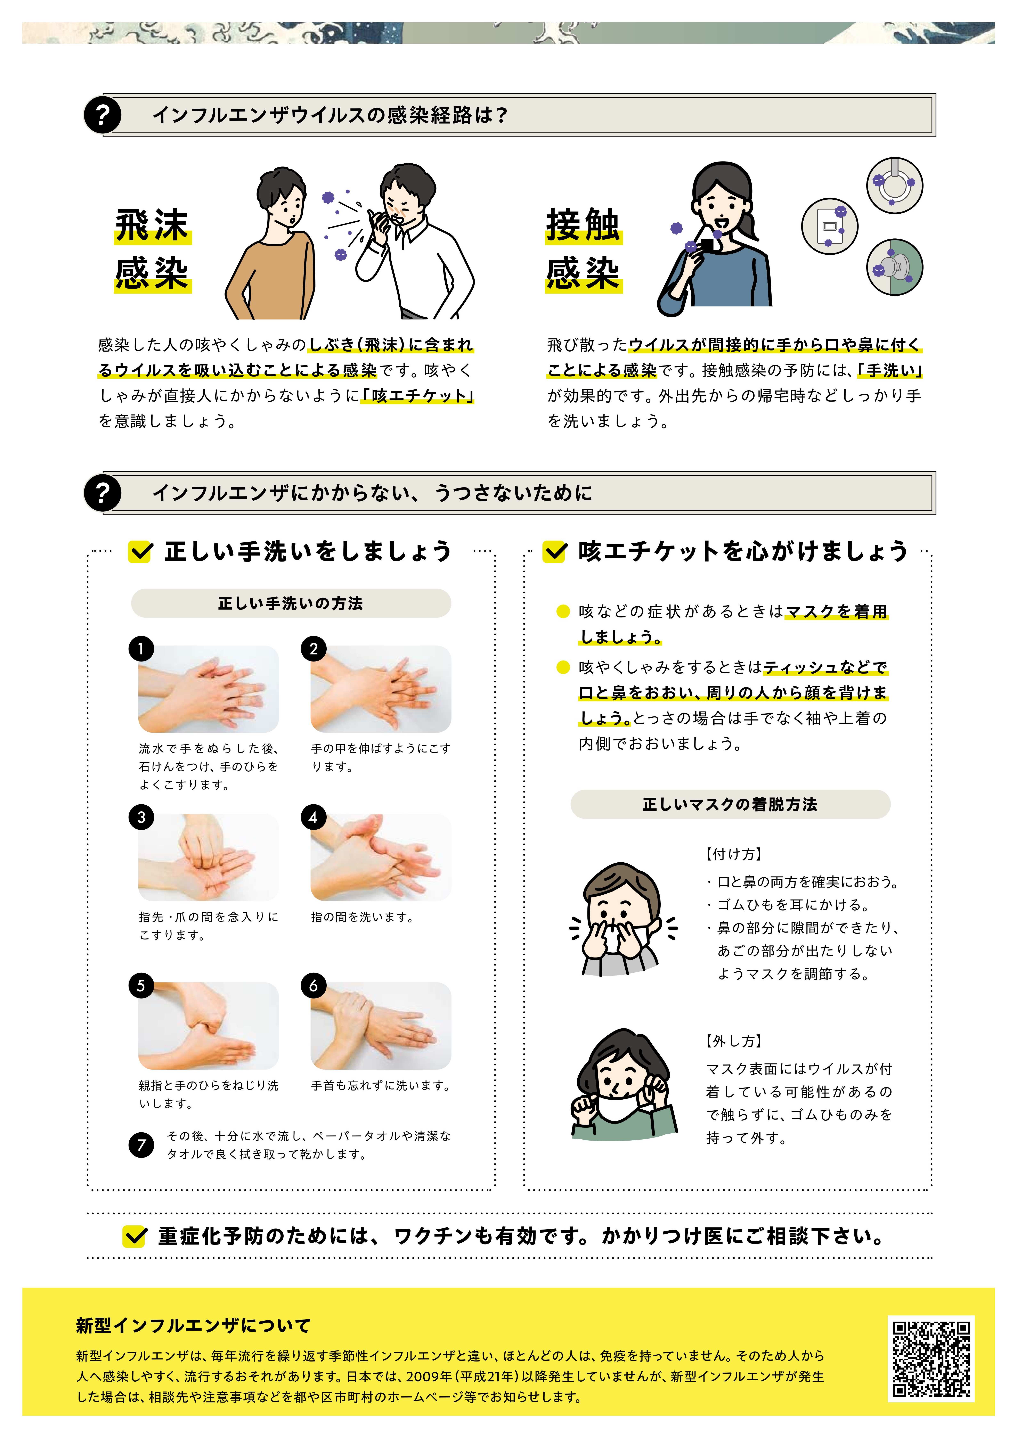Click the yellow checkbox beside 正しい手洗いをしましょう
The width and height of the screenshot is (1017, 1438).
click(140, 552)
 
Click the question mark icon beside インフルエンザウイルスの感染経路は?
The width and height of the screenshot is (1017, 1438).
click(102, 115)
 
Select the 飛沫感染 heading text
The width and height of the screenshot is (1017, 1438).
click(152, 249)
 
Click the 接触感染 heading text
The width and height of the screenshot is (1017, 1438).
click(583, 249)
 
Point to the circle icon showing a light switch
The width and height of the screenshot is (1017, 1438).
click(830, 226)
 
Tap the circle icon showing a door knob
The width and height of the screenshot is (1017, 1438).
click(895, 268)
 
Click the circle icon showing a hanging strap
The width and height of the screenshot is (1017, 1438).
click(895, 185)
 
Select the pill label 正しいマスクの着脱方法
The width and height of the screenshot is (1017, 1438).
click(730, 804)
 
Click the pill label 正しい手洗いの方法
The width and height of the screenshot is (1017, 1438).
click(291, 603)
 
